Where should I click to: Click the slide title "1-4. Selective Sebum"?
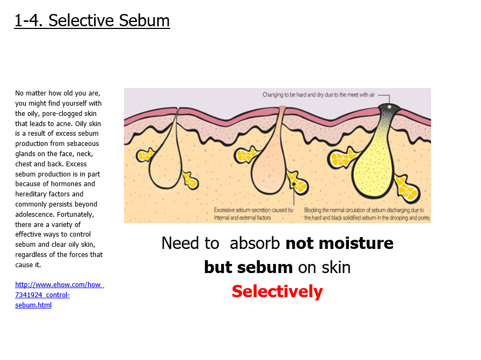tap(92, 21)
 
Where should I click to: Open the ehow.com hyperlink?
tap(60, 295)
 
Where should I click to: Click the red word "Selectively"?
tap(278, 291)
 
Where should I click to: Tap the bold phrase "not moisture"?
tap(339, 243)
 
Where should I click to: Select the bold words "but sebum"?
tap(248, 267)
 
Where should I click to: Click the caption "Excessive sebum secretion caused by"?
tap(254, 210)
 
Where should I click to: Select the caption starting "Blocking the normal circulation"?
tap(367, 214)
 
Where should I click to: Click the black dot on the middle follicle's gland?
tap(294, 184)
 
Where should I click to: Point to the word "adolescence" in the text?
tap(35, 215)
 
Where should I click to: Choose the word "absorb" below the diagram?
tap(254, 243)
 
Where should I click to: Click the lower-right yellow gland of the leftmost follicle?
tap(191, 180)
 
